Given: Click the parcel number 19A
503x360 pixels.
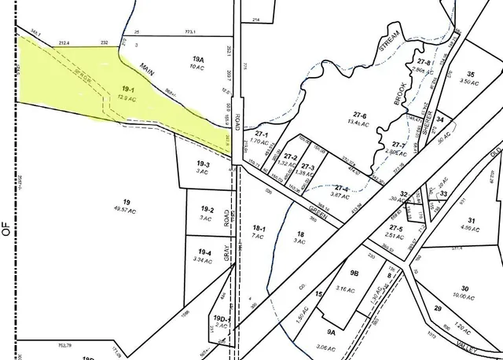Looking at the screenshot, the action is coord(198,59).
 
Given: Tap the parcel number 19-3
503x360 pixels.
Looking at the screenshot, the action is coord(203,163).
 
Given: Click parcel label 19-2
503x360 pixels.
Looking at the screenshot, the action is coord(207,209).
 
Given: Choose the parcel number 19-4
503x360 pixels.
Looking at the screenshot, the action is coord(205,252).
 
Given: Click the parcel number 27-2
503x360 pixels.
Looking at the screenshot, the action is coord(290,157).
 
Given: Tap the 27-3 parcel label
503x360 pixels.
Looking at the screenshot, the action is coord(307,167).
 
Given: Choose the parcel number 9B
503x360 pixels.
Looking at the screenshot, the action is coord(354,274).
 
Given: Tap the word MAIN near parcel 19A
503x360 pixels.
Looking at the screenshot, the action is coord(147,69).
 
